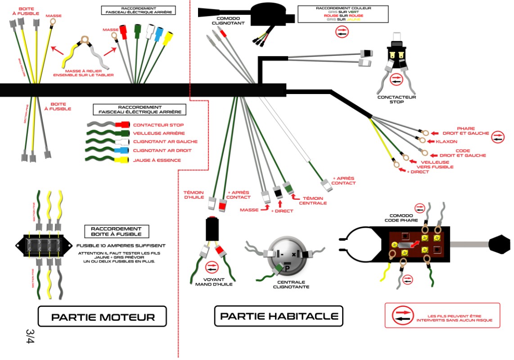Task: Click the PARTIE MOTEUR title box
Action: pyautogui.click(x=102, y=316)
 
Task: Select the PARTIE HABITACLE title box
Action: pyautogui.click(x=279, y=316)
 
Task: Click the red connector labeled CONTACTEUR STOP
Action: pyautogui.click(x=122, y=125)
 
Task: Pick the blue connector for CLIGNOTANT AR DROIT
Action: pyautogui.click(x=122, y=151)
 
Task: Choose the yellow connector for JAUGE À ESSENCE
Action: pyautogui.click(x=122, y=160)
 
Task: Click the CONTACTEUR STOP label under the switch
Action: pyautogui.click(x=397, y=99)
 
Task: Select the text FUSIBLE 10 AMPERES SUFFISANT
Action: pyautogui.click(x=121, y=246)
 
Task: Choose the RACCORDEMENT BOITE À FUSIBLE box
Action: pyautogui.click(x=116, y=231)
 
